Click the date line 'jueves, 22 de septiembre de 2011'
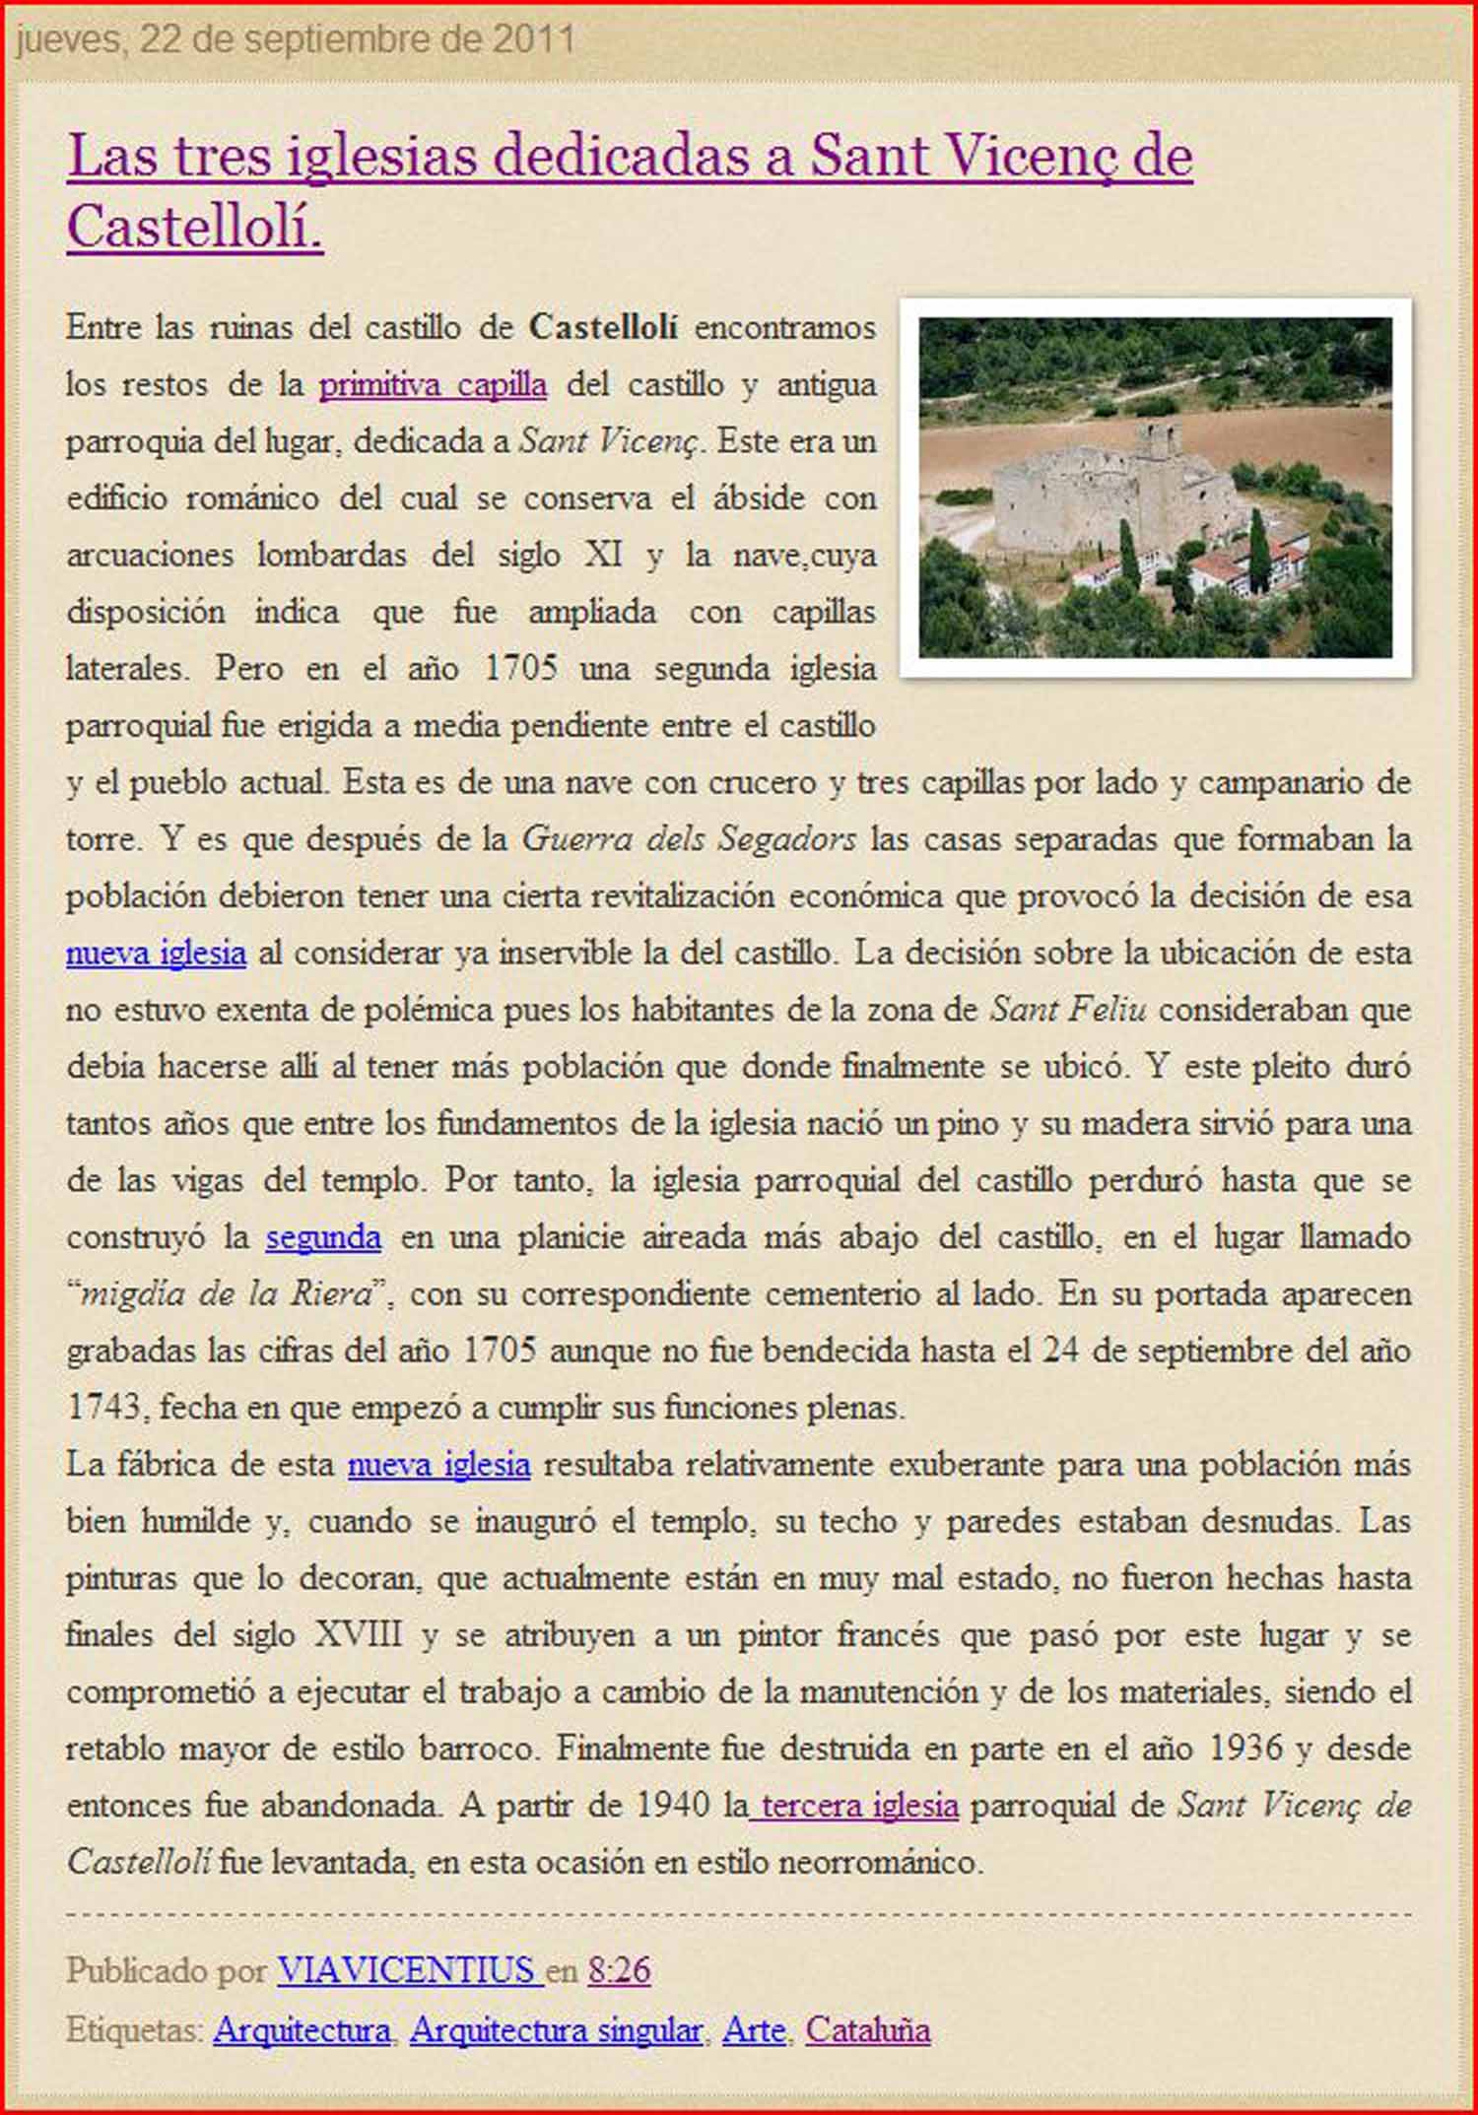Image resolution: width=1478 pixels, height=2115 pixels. click(x=296, y=39)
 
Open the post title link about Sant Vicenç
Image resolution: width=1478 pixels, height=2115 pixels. click(x=630, y=158)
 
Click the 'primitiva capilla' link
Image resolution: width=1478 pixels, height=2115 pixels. click(x=433, y=384)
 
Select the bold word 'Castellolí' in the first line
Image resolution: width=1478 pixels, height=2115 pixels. click(x=603, y=327)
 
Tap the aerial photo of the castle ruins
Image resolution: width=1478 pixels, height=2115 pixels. click(x=1155, y=488)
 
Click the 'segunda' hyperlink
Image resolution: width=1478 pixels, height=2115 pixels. click(x=323, y=1236)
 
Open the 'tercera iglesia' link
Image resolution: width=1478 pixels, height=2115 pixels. click(x=854, y=1805)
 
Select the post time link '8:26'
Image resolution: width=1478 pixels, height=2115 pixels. click(x=620, y=1970)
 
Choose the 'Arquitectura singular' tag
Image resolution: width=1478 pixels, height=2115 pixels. click(x=556, y=2030)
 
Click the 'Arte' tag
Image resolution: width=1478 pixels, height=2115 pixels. click(x=754, y=2030)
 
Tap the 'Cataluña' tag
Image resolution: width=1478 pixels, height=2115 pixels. click(x=867, y=2030)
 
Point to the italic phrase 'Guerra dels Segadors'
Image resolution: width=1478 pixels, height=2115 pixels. click(x=689, y=838)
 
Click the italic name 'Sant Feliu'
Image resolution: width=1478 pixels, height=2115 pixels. click(x=1068, y=1009)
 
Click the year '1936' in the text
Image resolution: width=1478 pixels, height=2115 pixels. click(x=1245, y=1748)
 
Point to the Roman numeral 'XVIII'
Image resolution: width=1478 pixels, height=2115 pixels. click(x=359, y=1634)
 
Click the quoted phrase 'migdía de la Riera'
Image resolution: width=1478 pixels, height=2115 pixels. click(x=225, y=1293)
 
